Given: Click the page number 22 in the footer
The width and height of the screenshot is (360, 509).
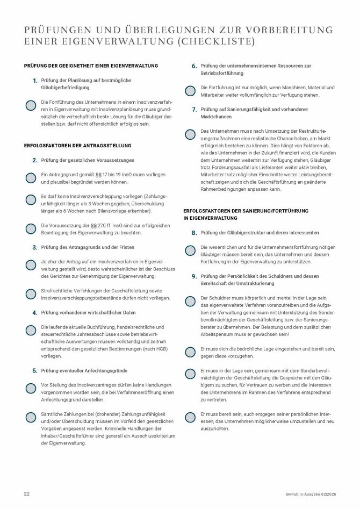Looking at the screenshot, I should (26, 493).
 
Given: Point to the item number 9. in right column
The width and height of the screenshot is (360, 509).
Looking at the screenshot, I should (195, 276).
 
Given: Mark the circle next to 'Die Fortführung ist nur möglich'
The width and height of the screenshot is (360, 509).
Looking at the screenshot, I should (190, 91).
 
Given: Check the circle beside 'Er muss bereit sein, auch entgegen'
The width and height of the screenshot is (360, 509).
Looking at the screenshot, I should (190, 417).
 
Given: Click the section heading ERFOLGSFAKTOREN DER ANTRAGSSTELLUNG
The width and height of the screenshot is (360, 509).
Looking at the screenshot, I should (78, 145).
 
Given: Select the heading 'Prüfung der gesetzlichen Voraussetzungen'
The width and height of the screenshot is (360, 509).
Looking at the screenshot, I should (88, 160).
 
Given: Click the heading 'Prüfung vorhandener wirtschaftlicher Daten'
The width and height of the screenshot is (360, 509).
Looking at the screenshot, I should (88, 312).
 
